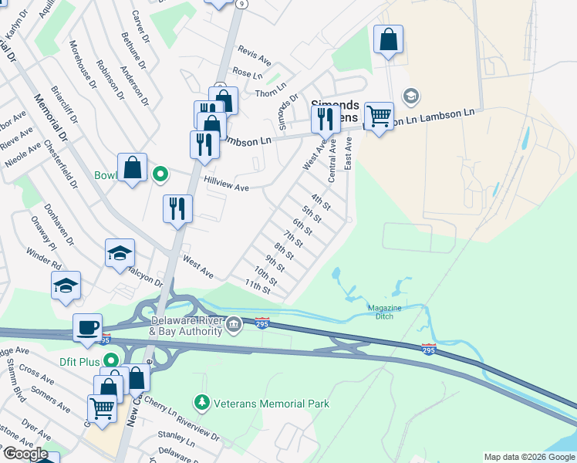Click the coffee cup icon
86,326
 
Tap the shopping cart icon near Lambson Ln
378,117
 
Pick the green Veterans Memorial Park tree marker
201,403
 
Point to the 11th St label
258,287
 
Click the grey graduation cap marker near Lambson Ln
411,96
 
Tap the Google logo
26,454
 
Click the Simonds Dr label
288,113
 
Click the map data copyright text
529,457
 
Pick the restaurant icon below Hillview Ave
177,208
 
